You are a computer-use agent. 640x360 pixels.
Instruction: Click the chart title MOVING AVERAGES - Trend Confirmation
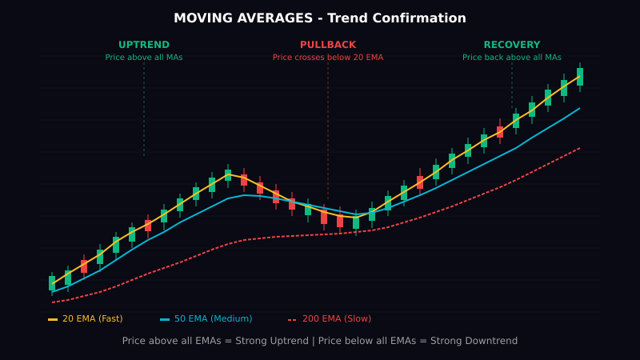320,18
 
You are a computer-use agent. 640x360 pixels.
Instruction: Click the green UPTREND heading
144,46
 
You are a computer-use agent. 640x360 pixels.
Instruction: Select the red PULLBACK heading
328,46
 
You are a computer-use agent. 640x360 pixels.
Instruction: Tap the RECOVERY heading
512,46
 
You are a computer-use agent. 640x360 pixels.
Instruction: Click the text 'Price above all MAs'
144,58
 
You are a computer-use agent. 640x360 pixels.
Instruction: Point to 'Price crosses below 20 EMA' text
328,58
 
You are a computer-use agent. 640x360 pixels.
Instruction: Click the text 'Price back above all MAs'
512,58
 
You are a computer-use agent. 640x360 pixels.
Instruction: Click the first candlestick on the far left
52,283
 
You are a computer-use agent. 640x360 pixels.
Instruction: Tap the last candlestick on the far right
580,77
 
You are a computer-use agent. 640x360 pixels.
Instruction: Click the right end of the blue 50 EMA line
579,108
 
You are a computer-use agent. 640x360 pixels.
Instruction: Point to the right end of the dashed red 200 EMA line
579,148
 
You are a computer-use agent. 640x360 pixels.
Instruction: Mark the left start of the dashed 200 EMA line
53,302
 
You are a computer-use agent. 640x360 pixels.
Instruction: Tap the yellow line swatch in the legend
53,320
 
